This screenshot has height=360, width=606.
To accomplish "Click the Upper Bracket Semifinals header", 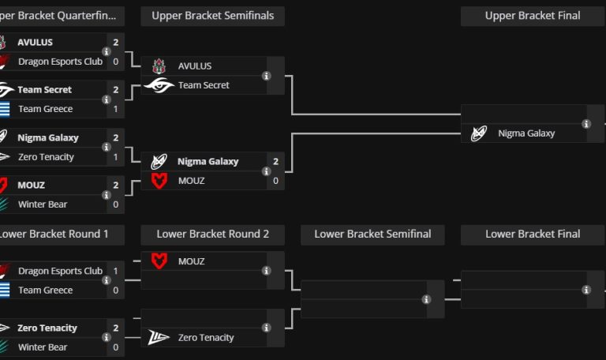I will (212, 16).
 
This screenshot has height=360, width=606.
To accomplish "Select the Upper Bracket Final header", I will (533, 16).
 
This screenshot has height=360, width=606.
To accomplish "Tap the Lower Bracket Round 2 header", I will (212, 234).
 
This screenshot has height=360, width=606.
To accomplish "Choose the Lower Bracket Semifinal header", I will (372, 234).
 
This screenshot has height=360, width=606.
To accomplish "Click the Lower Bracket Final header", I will (533, 234).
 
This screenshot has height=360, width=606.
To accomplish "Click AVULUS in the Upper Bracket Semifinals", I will (195, 66).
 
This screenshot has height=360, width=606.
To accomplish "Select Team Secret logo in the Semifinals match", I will (159, 85).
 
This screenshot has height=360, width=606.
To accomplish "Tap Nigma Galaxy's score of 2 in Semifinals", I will (275, 162).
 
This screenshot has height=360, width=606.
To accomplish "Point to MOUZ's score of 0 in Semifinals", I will (275, 181).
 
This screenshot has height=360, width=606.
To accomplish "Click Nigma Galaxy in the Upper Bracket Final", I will (526, 133).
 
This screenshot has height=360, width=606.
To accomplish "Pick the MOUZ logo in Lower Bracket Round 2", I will (159, 261).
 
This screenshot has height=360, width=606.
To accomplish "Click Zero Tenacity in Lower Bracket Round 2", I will (206, 338).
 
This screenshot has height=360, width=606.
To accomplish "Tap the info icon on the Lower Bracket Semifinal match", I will (427, 299).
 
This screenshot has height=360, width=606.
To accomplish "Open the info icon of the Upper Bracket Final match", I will (586, 124).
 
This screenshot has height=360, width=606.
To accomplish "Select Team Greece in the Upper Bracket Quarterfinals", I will (46, 109).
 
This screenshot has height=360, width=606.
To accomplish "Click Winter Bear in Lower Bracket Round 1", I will (43, 347).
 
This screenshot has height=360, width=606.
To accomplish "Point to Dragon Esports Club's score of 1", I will (116, 271).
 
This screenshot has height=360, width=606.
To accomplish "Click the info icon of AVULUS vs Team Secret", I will (267, 76).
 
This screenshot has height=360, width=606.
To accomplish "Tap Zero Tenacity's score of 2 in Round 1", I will (116, 328).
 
